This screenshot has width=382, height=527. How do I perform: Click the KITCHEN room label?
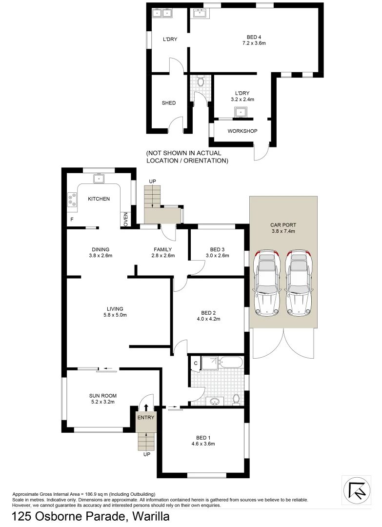click(99, 199)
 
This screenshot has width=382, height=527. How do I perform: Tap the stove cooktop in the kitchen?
click(72, 199)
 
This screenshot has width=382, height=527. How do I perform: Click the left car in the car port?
click(266, 283)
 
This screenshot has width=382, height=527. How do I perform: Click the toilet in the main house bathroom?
click(236, 399)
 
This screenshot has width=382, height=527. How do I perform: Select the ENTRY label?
click(145, 417)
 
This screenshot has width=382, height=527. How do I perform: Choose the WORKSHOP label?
click(242, 131)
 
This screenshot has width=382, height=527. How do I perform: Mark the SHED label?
click(168, 103)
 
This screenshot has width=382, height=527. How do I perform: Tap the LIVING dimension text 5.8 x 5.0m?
click(115, 315)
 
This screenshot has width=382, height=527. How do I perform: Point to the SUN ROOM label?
click(102, 396)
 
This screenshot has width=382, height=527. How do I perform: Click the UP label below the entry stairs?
click(146, 454)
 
